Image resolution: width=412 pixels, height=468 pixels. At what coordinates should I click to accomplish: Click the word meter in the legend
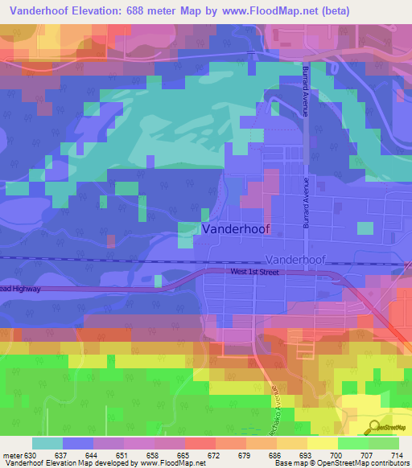13,454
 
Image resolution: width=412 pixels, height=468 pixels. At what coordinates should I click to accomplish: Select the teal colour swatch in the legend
47,443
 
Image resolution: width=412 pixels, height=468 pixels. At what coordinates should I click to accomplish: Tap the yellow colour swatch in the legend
323,443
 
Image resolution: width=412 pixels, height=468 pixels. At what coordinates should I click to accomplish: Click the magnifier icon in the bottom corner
373,427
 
